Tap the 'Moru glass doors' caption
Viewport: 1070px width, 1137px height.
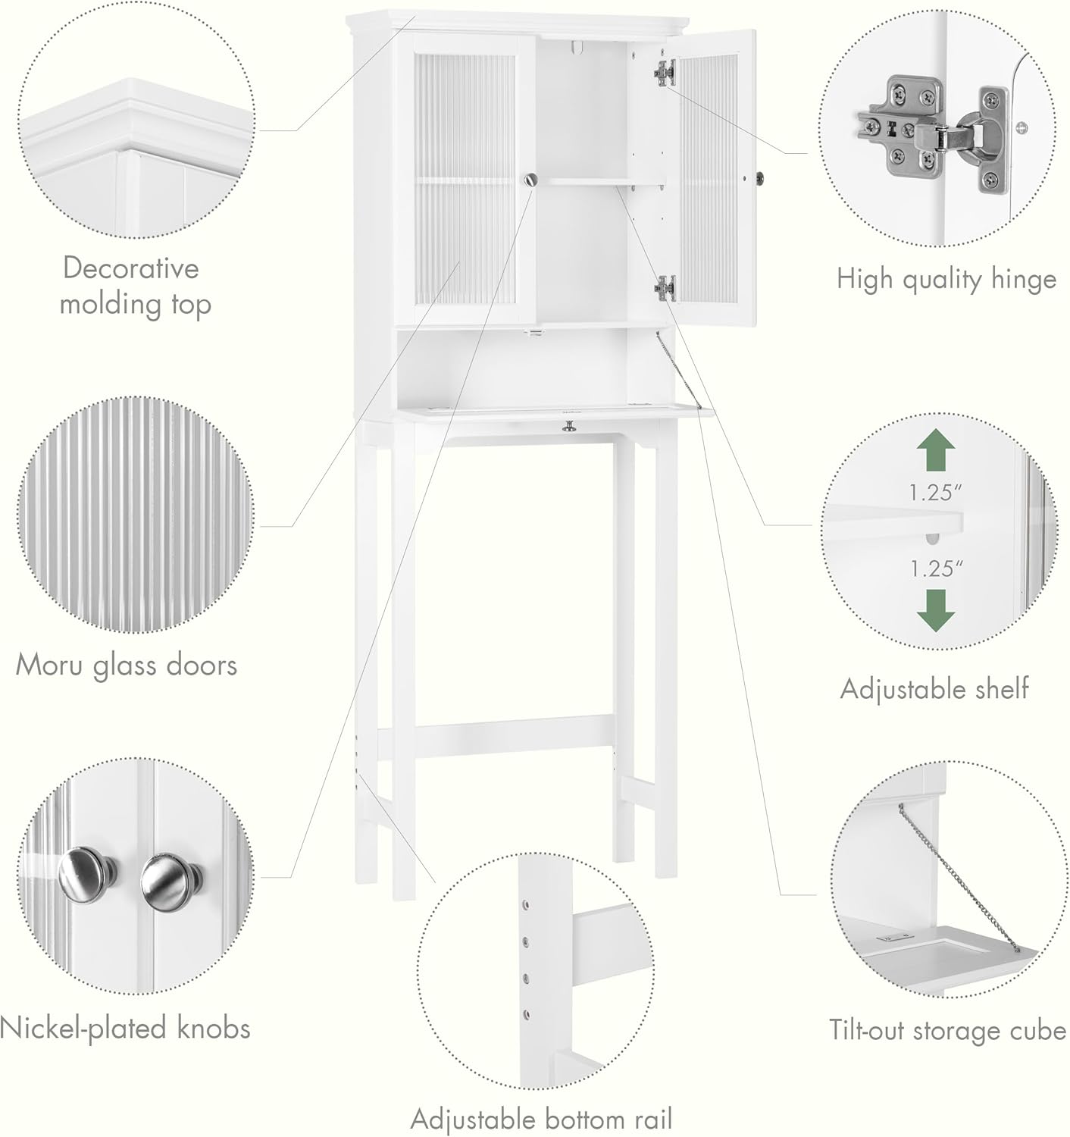[127, 665]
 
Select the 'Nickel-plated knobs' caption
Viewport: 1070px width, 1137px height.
[125, 1028]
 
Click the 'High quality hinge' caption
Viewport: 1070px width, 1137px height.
[946, 279]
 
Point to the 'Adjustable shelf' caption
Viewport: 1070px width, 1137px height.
[934, 688]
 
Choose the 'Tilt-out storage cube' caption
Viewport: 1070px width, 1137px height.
[946, 1030]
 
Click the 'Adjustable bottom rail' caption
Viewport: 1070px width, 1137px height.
[541, 1119]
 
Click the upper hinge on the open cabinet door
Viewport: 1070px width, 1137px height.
[664, 72]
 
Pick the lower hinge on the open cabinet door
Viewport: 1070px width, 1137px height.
[664, 287]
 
